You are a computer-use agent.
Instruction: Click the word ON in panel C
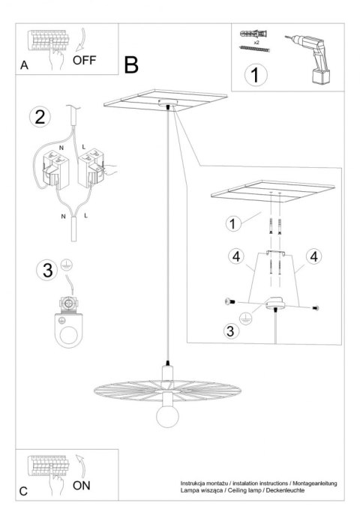(83, 484)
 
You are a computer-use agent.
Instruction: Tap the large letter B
(131, 64)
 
